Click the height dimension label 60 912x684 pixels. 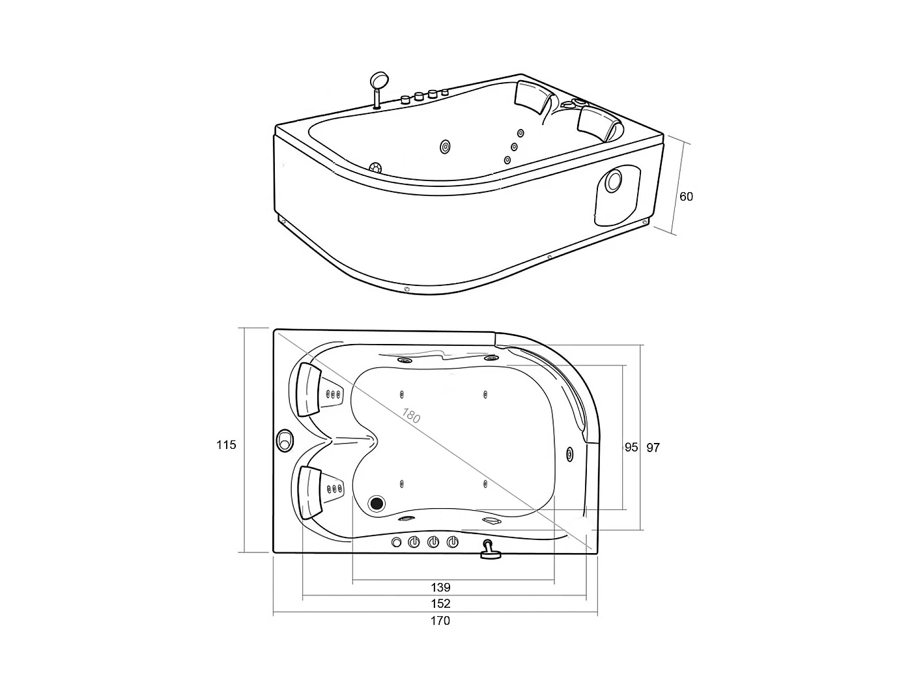tap(686, 197)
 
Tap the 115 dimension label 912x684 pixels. tap(226, 445)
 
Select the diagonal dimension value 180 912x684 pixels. tap(411, 416)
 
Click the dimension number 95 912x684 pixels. tap(631, 448)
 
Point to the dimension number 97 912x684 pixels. tap(653, 448)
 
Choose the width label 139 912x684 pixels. tap(440, 587)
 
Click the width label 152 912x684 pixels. tap(440, 603)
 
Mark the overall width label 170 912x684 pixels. tap(440, 621)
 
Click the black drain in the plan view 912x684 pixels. tap(377, 504)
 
